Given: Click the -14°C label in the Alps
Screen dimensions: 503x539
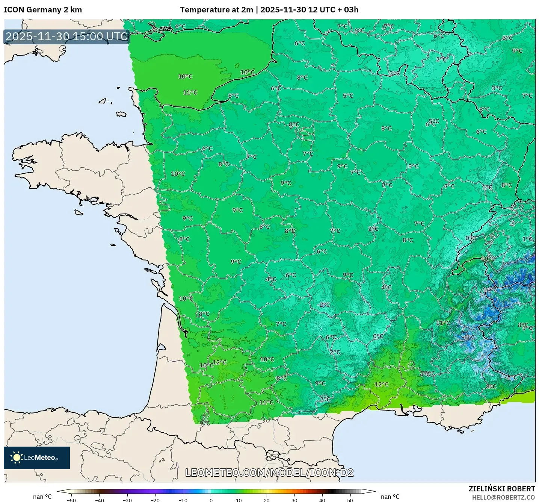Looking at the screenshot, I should (x=489, y=289).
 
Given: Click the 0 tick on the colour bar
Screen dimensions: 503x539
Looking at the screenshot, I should (x=211, y=500).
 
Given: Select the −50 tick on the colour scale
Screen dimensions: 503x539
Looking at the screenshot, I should (x=71, y=500).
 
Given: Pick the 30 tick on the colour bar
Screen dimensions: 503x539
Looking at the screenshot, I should (x=294, y=500).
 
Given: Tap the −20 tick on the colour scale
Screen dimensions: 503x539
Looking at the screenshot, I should (x=155, y=500).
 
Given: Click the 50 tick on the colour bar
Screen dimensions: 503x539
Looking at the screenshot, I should (x=350, y=500).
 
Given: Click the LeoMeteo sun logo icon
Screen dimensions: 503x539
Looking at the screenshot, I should (x=17, y=458).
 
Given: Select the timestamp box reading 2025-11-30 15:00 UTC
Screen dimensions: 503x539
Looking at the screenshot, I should (x=67, y=36).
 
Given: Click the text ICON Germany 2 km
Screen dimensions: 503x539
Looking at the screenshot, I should (x=43, y=10).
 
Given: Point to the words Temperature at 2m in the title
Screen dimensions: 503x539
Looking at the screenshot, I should (x=216, y=10).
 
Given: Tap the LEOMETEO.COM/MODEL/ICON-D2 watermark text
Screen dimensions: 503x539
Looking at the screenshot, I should (x=269, y=473).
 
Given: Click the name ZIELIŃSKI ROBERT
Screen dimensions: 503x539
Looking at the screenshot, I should (x=502, y=489).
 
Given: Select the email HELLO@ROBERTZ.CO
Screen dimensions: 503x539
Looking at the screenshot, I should (x=503, y=497).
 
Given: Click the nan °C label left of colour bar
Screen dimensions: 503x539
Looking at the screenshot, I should (x=42, y=497).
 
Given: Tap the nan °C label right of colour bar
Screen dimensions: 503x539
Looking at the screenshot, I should (x=390, y=497).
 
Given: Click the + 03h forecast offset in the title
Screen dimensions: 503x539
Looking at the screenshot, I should (x=348, y=10).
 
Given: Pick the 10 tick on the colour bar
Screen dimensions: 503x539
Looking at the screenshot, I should (x=239, y=500).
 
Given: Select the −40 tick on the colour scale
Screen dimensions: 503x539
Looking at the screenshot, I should (x=100, y=500).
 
